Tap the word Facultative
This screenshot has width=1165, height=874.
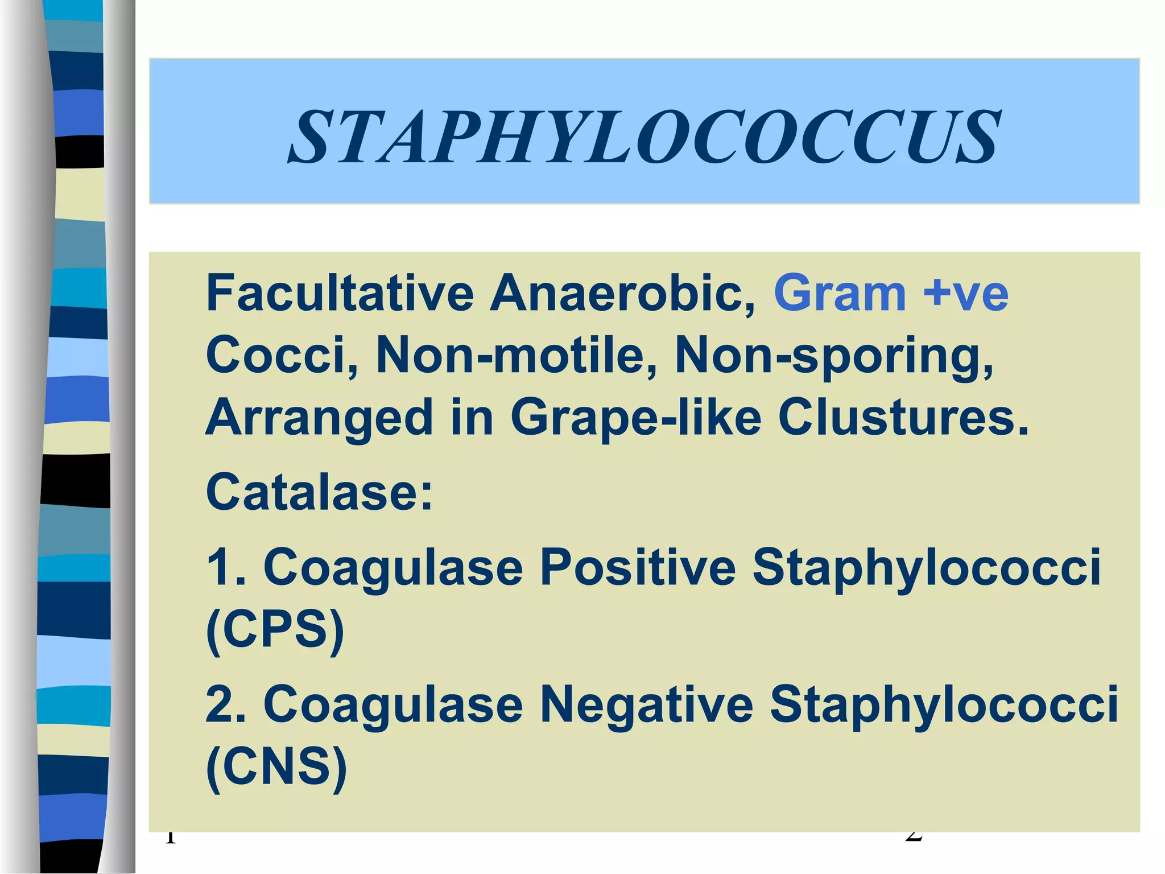click(x=340, y=293)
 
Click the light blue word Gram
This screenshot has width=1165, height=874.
click(x=840, y=293)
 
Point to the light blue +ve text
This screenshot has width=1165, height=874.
click(x=965, y=293)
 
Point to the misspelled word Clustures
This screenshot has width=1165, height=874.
click(x=903, y=417)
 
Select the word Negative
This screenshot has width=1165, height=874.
click(x=646, y=704)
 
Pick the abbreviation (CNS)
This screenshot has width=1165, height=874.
click(x=276, y=766)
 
